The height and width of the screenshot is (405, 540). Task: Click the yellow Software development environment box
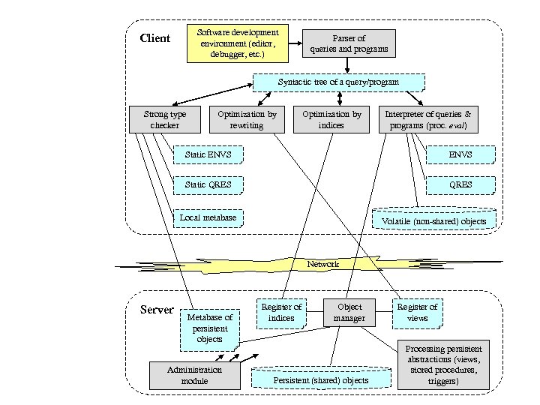coord(237,43)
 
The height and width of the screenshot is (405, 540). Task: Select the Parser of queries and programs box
coord(349,43)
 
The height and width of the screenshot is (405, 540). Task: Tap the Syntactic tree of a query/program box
coord(339,82)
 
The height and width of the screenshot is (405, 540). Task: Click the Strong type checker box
coord(165,119)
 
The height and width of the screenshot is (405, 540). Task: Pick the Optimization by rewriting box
coord(247,119)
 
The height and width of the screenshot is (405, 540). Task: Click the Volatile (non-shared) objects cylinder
coord(434,218)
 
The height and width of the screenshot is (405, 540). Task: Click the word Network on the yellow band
coord(323,264)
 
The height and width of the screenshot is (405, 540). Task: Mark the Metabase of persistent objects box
coord(209,328)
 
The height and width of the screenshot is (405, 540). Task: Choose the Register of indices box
coord(281,312)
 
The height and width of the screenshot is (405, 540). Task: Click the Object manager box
coord(349,312)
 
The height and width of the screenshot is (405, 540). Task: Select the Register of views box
coord(417,312)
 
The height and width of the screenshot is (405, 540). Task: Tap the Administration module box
coord(194,375)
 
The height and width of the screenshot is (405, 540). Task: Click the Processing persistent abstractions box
coord(443,365)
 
